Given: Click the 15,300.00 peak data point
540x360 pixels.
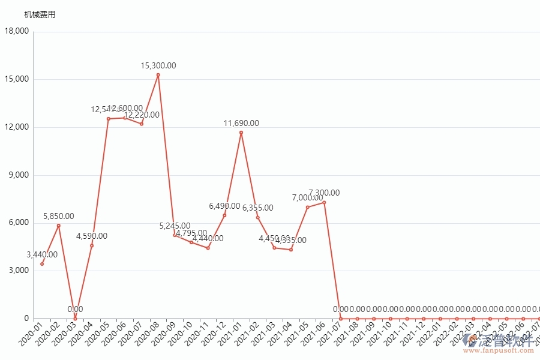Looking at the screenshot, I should (x=158, y=75).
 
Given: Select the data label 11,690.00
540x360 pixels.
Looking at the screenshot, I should (x=241, y=123).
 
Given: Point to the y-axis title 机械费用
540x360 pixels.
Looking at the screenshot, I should (x=40, y=14).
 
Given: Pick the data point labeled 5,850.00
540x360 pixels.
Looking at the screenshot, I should (x=59, y=226).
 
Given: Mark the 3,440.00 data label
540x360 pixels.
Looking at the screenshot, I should (x=42, y=254).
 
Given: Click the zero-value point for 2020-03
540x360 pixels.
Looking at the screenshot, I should (x=75, y=318).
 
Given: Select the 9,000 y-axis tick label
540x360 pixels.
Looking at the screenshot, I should (x=19, y=175).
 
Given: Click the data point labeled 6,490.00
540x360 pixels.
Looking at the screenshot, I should (x=224, y=215).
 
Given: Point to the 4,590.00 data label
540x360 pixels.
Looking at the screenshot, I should (x=92, y=236).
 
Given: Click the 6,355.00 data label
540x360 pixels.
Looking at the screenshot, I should (x=257, y=208).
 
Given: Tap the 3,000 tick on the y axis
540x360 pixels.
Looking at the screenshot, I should (x=19, y=271).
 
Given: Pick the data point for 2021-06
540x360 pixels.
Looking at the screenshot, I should (x=324, y=202).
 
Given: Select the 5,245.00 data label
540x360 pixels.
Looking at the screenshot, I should (x=175, y=226).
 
